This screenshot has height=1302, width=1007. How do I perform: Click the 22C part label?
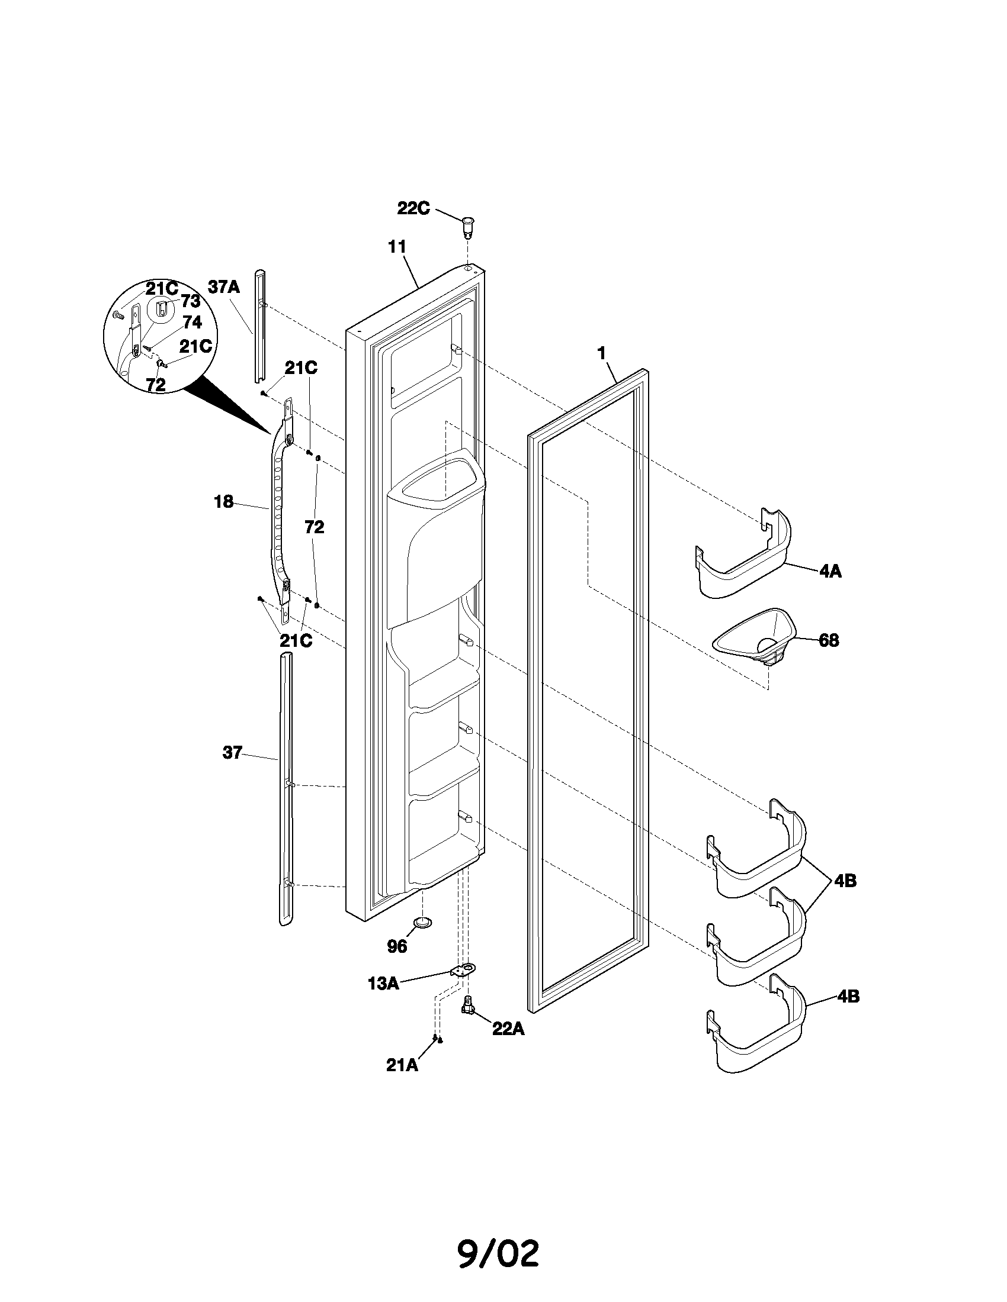[413, 209]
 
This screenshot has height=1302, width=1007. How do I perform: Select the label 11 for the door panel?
[397, 247]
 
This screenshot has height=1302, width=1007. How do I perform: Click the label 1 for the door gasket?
[602, 353]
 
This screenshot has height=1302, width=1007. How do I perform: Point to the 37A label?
[224, 288]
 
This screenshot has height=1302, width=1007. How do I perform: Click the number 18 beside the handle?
[224, 502]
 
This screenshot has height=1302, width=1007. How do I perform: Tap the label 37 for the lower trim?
[232, 753]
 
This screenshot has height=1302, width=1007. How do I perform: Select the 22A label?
[508, 1029]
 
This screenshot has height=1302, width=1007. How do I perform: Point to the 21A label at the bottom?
[402, 1065]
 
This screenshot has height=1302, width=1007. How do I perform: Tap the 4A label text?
[830, 571]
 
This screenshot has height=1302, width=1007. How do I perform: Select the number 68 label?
[829, 640]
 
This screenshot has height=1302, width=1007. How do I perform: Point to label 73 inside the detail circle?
[190, 301]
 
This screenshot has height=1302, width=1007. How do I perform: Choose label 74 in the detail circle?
[191, 323]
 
